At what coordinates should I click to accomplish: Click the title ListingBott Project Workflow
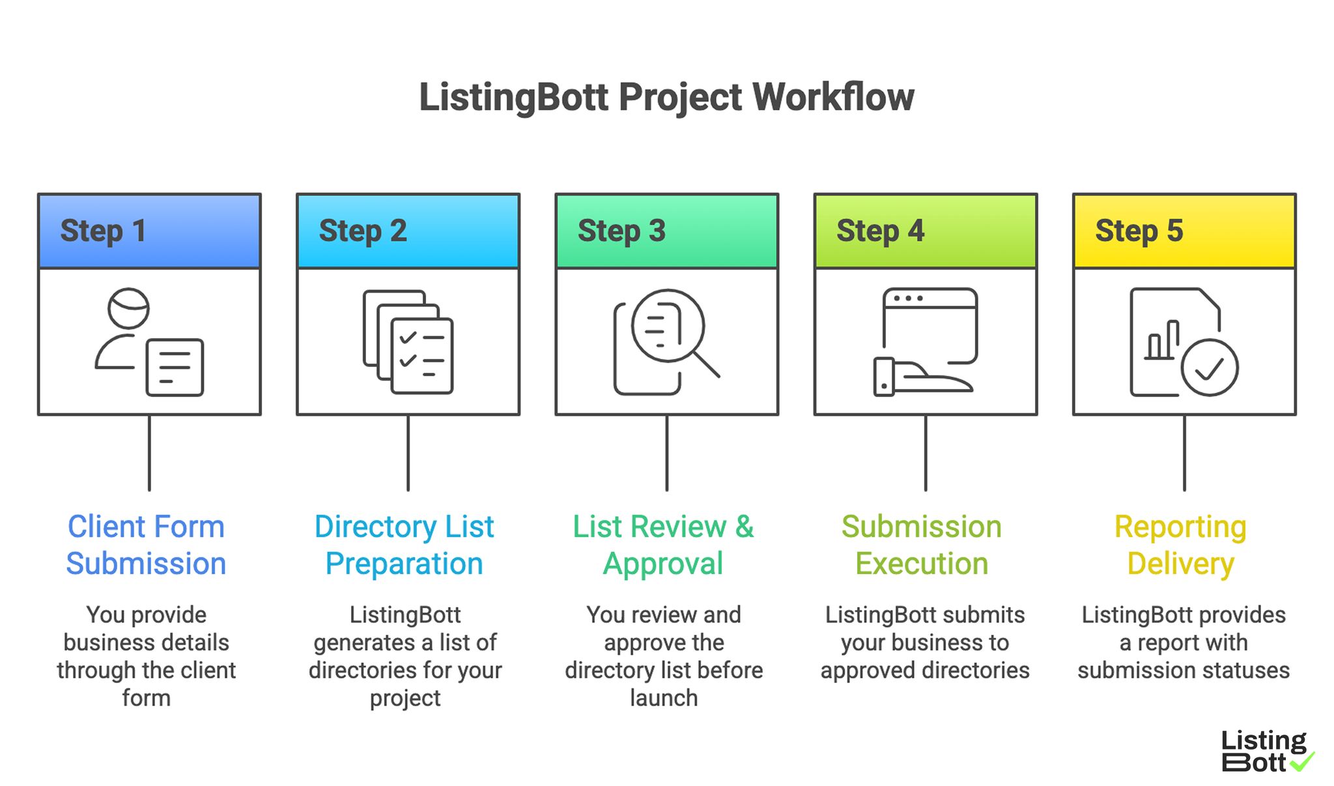pos(666,98)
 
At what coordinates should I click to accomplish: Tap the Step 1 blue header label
pos(103,231)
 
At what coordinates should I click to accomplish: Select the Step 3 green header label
pos(621,231)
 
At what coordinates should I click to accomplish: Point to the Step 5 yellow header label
pos(1138,231)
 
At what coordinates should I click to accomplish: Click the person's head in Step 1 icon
pos(128,308)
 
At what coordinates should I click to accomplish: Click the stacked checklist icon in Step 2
pos(409,342)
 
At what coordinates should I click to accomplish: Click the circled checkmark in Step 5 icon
pos(1209,368)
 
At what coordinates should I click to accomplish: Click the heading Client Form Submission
pos(146,545)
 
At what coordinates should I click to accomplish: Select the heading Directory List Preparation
pos(404,545)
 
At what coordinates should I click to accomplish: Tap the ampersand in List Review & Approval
pos(745,527)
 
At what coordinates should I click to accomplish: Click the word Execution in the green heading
pos(922,564)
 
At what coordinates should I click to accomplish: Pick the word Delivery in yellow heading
pos(1180,564)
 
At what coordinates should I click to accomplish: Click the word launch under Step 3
pos(664,698)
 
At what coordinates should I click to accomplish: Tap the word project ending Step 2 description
pos(405,699)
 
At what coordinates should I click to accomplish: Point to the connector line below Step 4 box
pos(925,453)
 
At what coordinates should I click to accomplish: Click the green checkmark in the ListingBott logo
pos(1302,761)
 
